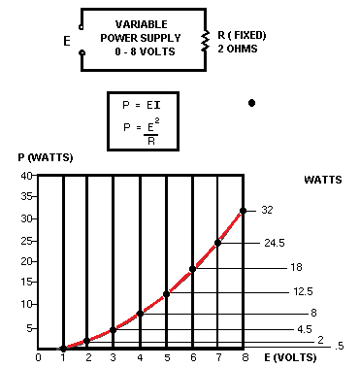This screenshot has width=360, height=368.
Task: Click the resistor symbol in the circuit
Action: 205,40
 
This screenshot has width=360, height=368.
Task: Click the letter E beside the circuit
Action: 66,42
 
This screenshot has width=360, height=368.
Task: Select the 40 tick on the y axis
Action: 27,176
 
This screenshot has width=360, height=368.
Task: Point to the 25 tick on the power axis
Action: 27,240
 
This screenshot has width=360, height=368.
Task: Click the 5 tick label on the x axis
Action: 167,357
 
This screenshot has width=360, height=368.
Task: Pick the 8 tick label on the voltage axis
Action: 244,357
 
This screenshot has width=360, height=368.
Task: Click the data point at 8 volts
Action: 243,211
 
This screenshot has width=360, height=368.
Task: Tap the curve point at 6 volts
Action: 192,270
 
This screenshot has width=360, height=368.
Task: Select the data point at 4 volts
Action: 141,314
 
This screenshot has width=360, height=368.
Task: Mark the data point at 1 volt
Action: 64,347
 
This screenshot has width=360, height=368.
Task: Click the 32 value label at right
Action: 269,211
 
